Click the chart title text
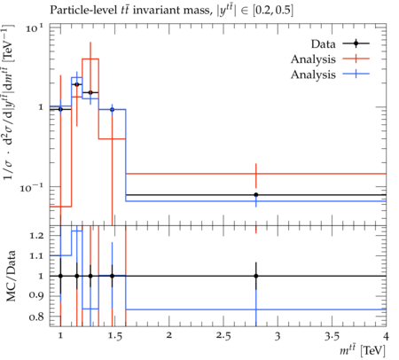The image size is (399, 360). coord(171,11)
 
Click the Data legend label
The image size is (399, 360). coord(323,44)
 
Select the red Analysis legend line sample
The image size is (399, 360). coord(356,59)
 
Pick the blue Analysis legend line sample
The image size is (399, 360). coord(356,74)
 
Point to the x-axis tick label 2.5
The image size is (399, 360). coord(223,336)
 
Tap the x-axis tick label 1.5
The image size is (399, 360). coord(114,336)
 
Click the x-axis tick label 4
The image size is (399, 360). coord(386,336)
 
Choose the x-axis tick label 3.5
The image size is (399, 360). coord(332,336)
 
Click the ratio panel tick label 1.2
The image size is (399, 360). coord(36,236)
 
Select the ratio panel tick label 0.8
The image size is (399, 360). coord(36,317)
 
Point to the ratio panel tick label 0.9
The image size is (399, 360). coord(36,295)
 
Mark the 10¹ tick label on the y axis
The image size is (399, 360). coord(35,28)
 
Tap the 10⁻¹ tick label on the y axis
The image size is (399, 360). coord(31,187)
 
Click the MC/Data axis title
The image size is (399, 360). coord(11,276)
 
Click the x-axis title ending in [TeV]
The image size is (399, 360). coord(363,350)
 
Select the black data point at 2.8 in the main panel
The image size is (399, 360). coord(256,195)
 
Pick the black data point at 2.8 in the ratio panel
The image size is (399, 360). coord(256,276)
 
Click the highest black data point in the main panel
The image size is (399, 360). coord(77,84)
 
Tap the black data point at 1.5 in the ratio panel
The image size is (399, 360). coord(112,276)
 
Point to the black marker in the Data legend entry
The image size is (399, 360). coord(356,43)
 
